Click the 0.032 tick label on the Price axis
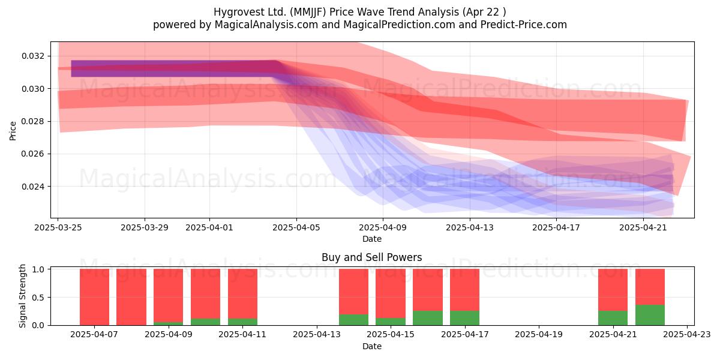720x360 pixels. [x=33, y=56]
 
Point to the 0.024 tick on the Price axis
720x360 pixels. [x=33, y=187]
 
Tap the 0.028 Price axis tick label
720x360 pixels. [x=33, y=121]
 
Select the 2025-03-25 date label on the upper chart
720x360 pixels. [x=58, y=227]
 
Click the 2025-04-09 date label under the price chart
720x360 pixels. [x=383, y=227]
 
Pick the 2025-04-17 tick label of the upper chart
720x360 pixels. [x=556, y=227]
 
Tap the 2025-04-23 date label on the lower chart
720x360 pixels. [x=687, y=335]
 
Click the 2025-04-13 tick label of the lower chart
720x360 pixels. [x=317, y=335]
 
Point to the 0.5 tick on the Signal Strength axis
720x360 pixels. [x=38, y=298]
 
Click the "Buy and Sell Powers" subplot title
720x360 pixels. [x=372, y=257]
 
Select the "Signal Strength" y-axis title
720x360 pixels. [x=22, y=296]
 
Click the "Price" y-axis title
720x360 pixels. [x=13, y=131]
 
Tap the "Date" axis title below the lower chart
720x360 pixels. [x=372, y=347]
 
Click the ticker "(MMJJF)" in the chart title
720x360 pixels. [x=308, y=12]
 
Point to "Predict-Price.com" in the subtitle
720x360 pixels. [x=524, y=25]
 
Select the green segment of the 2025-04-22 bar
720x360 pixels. [x=650, y=315]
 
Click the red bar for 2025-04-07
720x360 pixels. [x=95, y=297]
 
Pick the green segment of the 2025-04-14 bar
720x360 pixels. [x=353, y=320]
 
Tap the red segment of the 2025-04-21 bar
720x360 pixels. [x=613, y=290]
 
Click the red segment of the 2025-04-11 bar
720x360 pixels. [x=242, y=294]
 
